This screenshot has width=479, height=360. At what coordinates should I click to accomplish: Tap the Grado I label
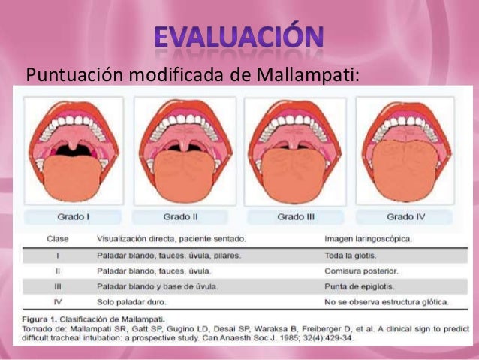pos(74,216)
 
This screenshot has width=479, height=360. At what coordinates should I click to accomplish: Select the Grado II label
pos(180,216)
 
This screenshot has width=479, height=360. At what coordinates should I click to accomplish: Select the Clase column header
pos(57,239)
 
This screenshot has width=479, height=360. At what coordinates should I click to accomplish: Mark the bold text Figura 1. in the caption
pos(38,318)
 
